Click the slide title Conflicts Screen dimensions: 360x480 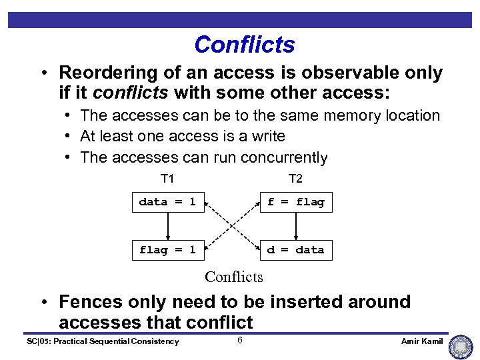click(x=244, y=45)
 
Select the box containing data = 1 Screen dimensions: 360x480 click(x=167, y=202)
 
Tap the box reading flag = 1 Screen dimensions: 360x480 click(x=167, y=250)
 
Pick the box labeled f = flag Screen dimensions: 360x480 click(x=295, y=202)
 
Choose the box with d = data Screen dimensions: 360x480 click(x=295, y=250)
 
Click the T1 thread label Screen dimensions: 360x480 click(x=167, y=179)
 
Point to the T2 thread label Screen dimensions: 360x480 click(x=295, y=179)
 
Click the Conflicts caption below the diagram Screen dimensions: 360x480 click(x=234, y=277)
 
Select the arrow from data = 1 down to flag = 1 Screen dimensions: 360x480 click(x=167, y=226)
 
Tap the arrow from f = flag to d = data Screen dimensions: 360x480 click(x=295, y=226)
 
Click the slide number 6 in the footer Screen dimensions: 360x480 click(x=239, y=341)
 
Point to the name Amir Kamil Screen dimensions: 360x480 click(x=422, y=341)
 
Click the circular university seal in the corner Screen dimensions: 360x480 click(x=461, y=347)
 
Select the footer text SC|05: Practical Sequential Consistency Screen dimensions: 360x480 click(x=102, y=341)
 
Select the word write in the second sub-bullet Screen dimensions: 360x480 click(x=266, y=137)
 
